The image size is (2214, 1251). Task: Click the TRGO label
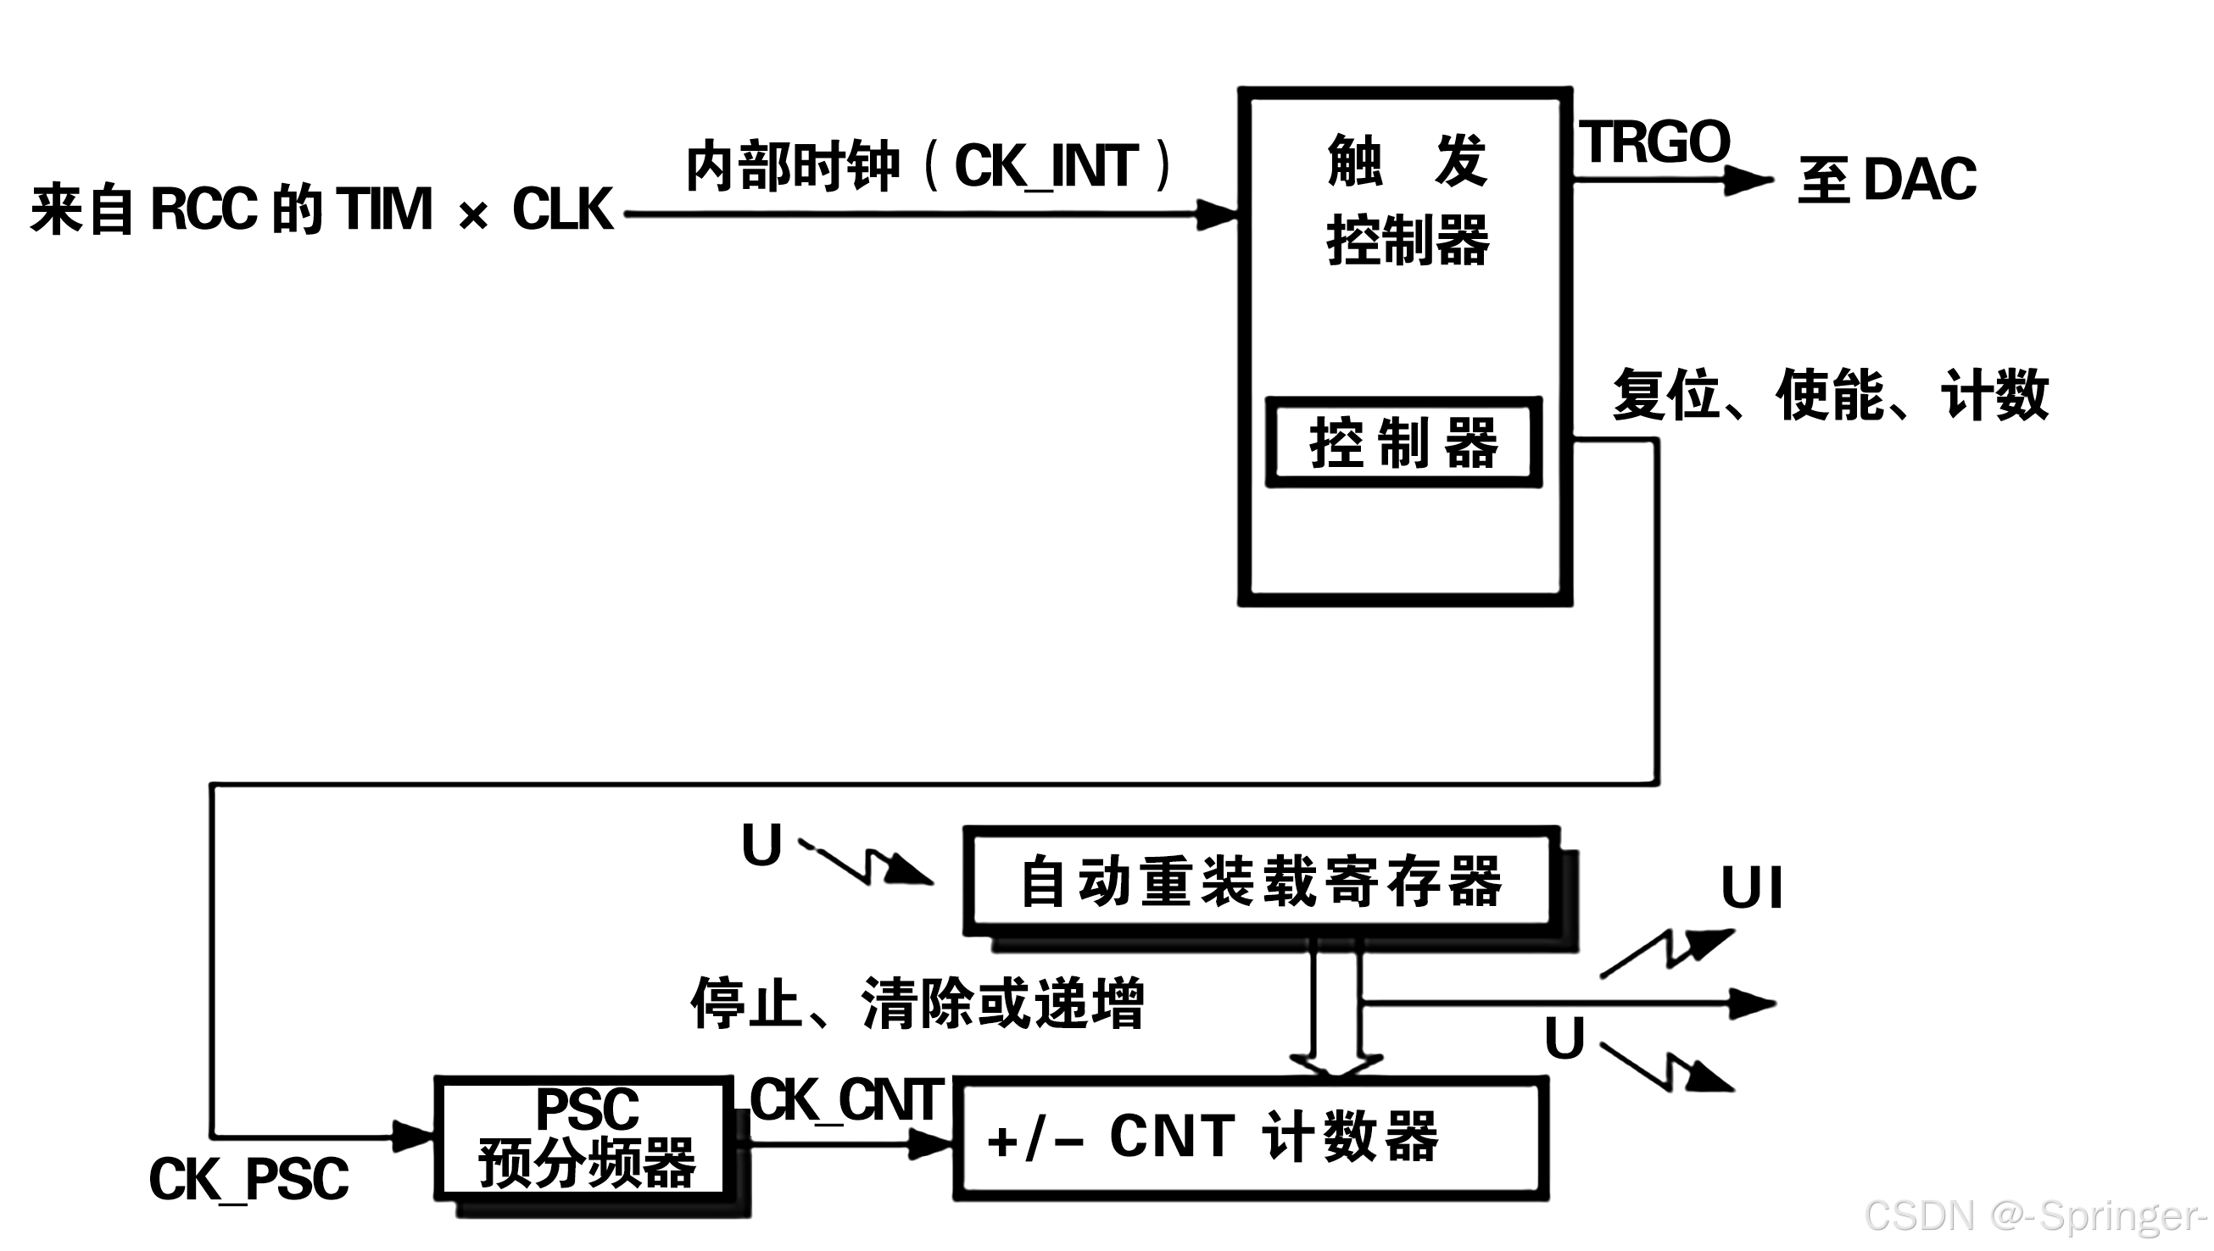click(x=1654, y=142)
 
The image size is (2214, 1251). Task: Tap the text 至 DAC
click(x=1888, y=180)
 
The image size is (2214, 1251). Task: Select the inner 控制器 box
click(x=1403, y=442)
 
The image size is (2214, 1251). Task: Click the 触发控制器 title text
click(x=1407, y=200)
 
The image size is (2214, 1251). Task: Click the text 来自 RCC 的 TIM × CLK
click(x=321, y=209)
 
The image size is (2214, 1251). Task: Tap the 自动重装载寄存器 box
click(x=1261, y=881)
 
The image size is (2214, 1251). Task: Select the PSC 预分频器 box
click(x=585, y=1137)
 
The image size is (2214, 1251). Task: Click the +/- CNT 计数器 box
click(x=1250, y=1137)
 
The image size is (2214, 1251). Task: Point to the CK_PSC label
click(x=248, y=1179)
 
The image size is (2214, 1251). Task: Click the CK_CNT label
click(x=846, y=1100)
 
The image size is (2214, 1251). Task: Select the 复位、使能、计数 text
click(x=1831, y=395)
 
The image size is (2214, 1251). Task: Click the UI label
click(x=1752, y=887)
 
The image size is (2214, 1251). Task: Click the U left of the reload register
click(x=761, y=846)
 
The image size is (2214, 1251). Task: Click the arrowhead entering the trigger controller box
click(x=1216, y=214)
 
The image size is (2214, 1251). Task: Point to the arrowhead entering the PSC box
click(x=413, y=1136)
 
